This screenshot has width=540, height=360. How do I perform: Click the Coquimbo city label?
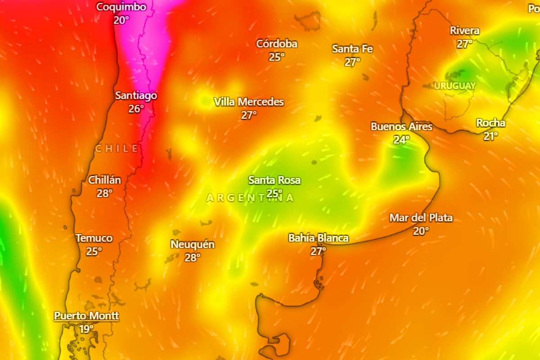click(121, 7)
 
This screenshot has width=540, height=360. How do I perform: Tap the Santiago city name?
click(136, 95)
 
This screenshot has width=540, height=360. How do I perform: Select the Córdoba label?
click(277, 44)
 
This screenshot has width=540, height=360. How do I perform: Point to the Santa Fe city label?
click(352, 49)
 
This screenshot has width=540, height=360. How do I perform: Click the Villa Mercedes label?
click(249, 102)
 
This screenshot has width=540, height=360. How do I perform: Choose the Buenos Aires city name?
click(401, 126)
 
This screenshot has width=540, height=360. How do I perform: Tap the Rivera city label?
click(464, 31)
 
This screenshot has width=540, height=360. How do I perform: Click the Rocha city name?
click(490, 123)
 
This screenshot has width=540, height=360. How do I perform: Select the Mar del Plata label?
click(421, 218)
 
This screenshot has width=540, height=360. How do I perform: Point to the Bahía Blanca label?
click(318, 238)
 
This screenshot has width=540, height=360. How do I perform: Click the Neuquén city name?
click(192, 244)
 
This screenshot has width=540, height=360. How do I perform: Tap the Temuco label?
click(94, 238)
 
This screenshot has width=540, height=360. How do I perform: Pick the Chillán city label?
click(104, 180)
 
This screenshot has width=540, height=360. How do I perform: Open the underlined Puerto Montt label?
click(86, 315)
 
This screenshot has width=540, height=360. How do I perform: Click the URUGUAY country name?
click(455, 85)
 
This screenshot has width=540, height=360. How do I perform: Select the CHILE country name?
click(117, 148)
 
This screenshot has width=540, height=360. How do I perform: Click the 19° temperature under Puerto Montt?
click(86, 329)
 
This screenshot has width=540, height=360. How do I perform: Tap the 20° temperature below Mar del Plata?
click(421, 231)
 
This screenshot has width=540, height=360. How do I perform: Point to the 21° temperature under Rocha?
click(490, 136)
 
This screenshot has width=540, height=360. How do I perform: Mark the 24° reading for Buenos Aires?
click(401, 139)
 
